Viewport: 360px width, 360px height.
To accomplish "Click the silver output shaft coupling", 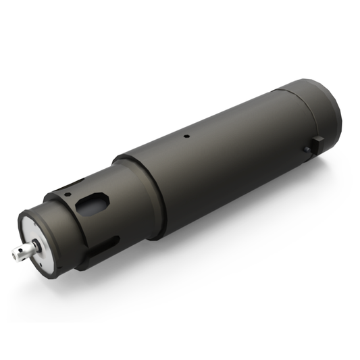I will tap(22, 251).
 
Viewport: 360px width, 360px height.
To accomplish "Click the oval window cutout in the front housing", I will tap(93, 203).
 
